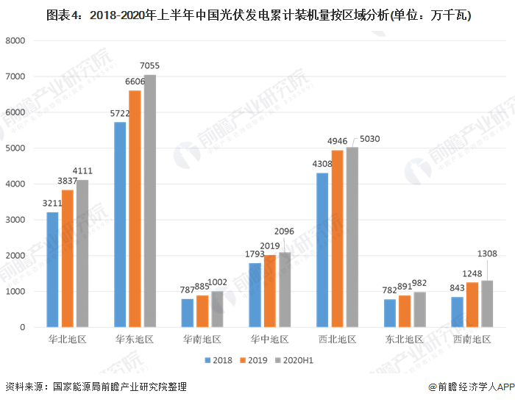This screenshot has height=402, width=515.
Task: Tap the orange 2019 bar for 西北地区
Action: pos(338,238)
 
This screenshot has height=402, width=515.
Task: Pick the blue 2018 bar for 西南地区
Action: pos(458,312)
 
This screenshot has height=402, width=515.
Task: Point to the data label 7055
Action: pos(149,66)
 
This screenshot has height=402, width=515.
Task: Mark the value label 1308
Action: pos(487,254)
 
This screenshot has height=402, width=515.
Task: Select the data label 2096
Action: pos(285,231)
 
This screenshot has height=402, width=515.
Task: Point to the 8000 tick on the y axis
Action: pos(15,40)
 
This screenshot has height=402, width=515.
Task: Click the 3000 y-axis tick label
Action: pos(15,220)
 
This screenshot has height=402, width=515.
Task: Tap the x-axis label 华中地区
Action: pos(269,340)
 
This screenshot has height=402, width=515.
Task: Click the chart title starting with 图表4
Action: pos(257,14)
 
